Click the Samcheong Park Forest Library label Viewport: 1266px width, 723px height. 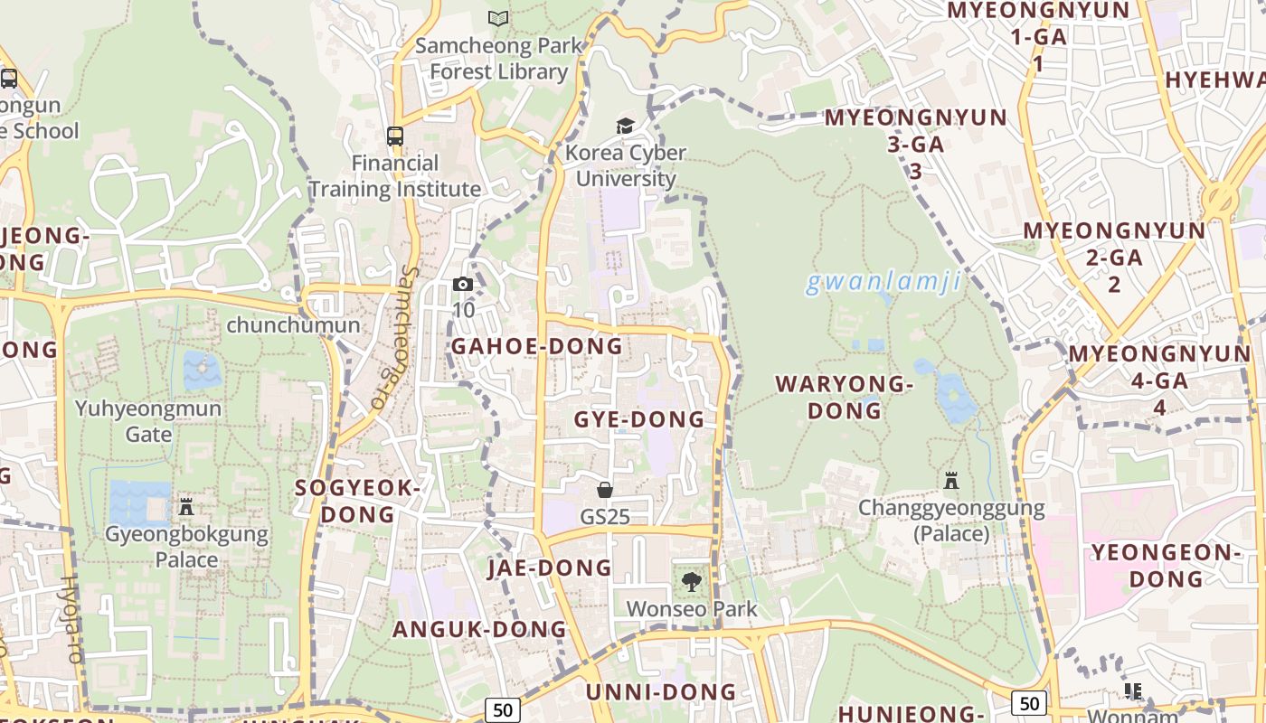click(498, 58)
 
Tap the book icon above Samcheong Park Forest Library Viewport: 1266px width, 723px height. click(498, 18)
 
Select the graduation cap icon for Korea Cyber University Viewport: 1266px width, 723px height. click(626, 126)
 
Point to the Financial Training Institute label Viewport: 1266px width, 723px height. click(395, 176)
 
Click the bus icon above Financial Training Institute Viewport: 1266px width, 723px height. click(395, 136)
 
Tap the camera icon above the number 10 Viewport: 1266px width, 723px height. click(463, 285)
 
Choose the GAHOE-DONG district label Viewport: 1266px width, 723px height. click(537, 346)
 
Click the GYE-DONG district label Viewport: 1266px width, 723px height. click(639, 419)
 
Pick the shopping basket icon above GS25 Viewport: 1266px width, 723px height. click(605, 490)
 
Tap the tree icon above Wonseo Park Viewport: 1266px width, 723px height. click(692, 582)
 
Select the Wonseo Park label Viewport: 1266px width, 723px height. click(692, 609)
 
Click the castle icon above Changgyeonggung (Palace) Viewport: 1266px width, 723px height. click(951, 480)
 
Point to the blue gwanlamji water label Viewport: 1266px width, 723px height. click(883, 283)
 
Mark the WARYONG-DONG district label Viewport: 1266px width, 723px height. click(845, 398)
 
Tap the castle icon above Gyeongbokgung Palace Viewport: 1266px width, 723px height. click(186, 506)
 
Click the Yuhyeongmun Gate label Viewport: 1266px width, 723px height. click(148, 421)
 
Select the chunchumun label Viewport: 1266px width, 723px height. click(293, 325)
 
